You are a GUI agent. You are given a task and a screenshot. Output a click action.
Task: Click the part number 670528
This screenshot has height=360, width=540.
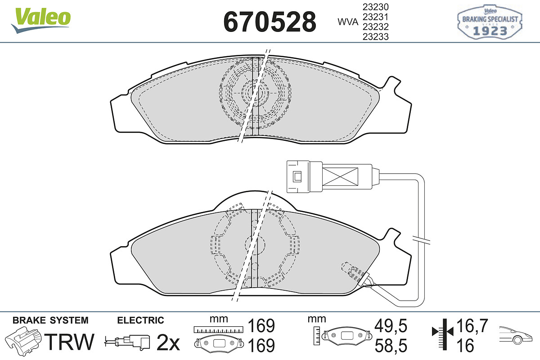tap(270, 22)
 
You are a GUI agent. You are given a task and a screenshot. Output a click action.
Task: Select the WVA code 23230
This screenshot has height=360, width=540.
tap(376, 7)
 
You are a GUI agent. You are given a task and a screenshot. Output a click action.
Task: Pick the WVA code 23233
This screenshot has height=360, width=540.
tap(376, 36)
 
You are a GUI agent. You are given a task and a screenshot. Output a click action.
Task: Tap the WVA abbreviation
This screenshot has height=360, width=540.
tap(348, 22)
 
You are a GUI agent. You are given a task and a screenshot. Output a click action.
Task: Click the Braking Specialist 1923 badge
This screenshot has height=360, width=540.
tap(490, 22)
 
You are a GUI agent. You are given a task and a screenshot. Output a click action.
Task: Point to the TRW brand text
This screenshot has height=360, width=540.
tap(69, 342)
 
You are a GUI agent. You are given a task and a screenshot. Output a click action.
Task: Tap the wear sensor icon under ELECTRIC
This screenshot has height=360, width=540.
tap(127, 342)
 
